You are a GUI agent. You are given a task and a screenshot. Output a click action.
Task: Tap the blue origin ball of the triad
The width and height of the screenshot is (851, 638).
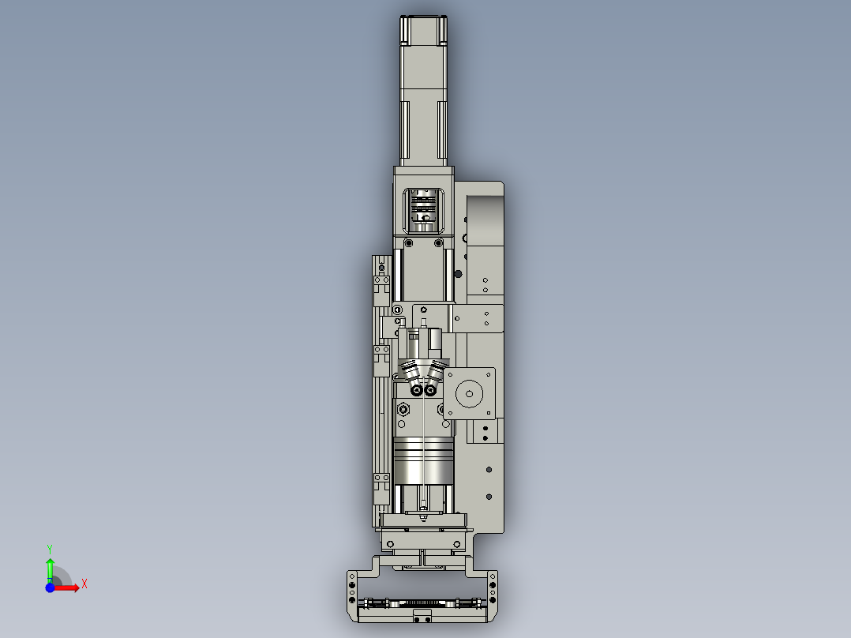(50, 587)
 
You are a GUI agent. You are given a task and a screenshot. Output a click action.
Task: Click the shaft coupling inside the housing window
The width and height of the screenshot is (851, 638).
(424, 211)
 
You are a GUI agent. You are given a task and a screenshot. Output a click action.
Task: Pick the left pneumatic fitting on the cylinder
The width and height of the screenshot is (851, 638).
(412, 373)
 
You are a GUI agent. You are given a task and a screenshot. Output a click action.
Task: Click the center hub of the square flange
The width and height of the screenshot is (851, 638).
(470, 392)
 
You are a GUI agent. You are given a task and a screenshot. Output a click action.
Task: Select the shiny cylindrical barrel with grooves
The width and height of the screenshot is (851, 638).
(423, 460)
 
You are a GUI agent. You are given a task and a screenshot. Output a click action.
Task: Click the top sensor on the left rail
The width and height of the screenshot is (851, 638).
(382, 280)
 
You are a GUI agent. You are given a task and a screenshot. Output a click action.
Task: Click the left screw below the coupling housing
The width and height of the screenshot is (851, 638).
(408, 242)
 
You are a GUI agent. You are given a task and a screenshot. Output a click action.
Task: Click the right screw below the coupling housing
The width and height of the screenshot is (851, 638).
(439, 242)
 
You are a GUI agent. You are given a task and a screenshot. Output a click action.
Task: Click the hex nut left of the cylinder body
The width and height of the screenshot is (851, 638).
(403, 409)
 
